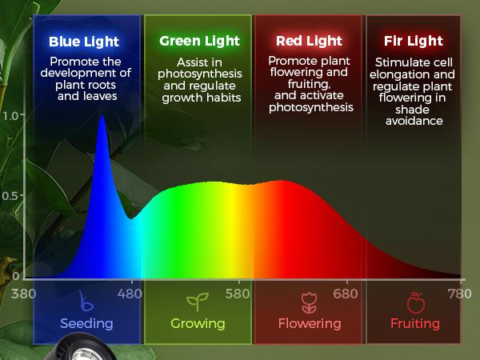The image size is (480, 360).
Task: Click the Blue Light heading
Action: [x=83, y=42]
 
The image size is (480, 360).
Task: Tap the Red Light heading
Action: [x=310, y=41]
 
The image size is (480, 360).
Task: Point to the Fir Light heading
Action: [x=413, y=41]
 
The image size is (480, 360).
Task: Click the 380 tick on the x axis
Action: [x=24, y=293]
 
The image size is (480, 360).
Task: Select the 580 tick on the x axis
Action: [x=238, y=293]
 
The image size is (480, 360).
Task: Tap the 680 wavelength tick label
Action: [x=346, y=293]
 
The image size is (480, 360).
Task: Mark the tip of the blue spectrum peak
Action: [x=102, y=116]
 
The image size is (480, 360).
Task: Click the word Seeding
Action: [x=86, y=323]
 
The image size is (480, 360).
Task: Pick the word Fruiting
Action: [x=415, y=323]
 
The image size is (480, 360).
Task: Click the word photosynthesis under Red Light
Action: [x=310, y=106]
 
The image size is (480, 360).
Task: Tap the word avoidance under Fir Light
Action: [x=414, y=122]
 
